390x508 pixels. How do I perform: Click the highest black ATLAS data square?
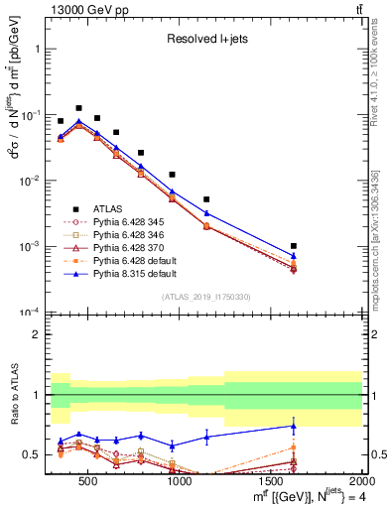click(x=78, y=108)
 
